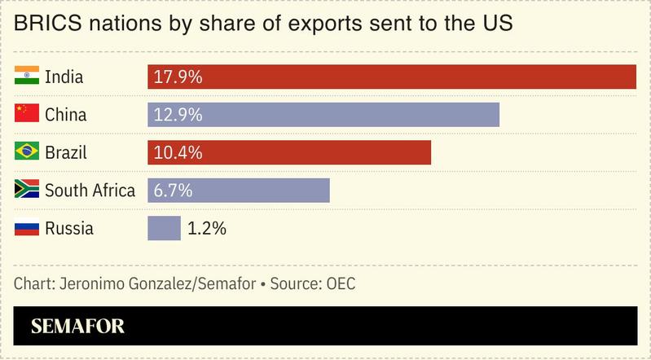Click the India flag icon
pyautogui.click(x=27, y=77)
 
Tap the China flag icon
pyautogui.click(x=27, y=115)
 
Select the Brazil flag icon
pyautogui.click(x=27, y=152)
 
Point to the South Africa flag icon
pyautogui.click(x=27, y=191)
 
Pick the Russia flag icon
pyautogui.click(x=27, y=228)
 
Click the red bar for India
pyautogui.click(x=391, y=77)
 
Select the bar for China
pyautogui.click(x=323, y=115)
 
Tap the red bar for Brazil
pyautogui.click(x=289, y=152)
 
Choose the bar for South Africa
pyautogui.click(x=239, y=191)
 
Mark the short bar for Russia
pyautogui.click(x=164, y=228)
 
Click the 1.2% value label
pyautogui.click(x=206, y=228)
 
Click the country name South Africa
pyautogui.click(x=90, y=191)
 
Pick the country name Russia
pyautogui.click(x=69, y=228)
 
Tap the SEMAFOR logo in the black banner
pyautogui.click(x=77, y=327)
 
